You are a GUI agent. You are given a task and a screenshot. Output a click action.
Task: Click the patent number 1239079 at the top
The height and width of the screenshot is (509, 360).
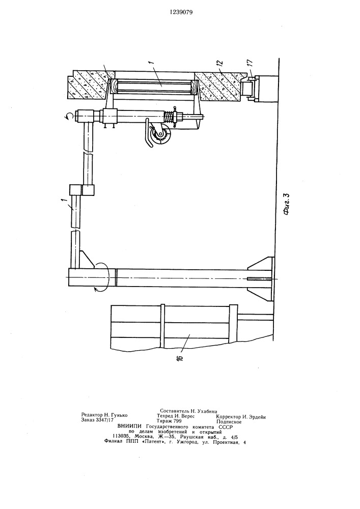[181, 13]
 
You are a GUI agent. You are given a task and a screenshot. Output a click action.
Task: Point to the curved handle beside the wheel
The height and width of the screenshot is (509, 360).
[147, 132]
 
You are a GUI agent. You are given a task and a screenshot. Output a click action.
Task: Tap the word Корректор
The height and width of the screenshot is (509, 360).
[228, 417]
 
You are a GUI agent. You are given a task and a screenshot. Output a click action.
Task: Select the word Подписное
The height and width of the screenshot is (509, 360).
[229, 422]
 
